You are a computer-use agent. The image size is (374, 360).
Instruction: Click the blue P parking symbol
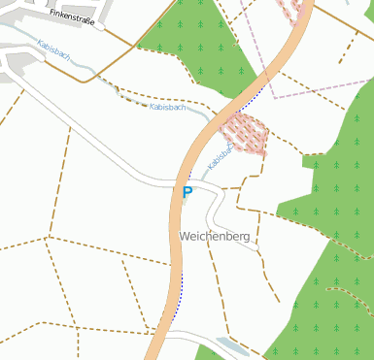pyautogui.click(x=187, y=192)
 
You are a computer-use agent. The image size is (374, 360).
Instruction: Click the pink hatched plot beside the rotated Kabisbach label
pyautogui.click(x=245, y=133)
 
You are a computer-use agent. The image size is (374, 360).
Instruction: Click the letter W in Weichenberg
pyautogui.click(x=185, y=236)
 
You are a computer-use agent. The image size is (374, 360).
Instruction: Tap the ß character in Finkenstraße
pyautogui.click(x=90, y=23)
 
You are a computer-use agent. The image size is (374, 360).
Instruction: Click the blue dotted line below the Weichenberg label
pyautogui.click(x=182, y=283)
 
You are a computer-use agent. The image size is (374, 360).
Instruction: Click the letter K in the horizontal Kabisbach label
pyautogui.click(x=153, y=106)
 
